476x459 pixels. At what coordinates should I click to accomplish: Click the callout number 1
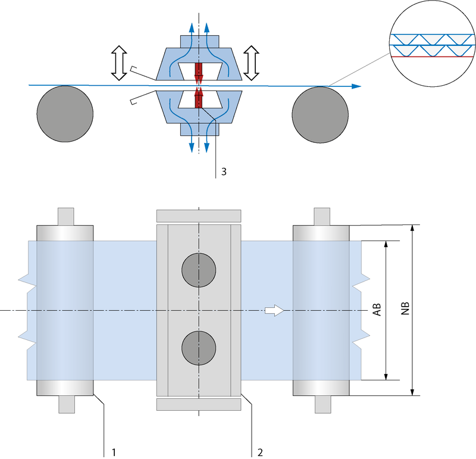pos(113,452)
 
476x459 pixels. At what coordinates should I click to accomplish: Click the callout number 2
pos(260,452)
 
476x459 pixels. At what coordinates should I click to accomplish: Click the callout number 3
pos(223,171)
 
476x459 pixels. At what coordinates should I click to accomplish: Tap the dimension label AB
pos(377,310)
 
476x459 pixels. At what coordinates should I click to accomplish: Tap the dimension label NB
pos(405,310)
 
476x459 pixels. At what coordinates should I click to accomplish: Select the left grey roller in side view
pos(65,114)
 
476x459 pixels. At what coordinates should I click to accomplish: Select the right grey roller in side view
pos(320,114)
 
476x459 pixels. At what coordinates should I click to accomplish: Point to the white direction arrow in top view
pos(274,310)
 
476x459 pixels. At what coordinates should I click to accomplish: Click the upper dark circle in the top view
pos(199,270)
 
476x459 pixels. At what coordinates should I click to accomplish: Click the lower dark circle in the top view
pos(199,348)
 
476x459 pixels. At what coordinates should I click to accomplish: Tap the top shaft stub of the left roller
pos(65,216)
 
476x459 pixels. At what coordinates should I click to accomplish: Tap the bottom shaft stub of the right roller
pos(322,404)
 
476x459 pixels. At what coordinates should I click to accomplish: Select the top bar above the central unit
pos(198,216)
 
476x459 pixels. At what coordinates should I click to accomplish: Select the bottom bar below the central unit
pos(198,405)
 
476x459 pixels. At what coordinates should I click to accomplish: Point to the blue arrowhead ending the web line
pos(356,86)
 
